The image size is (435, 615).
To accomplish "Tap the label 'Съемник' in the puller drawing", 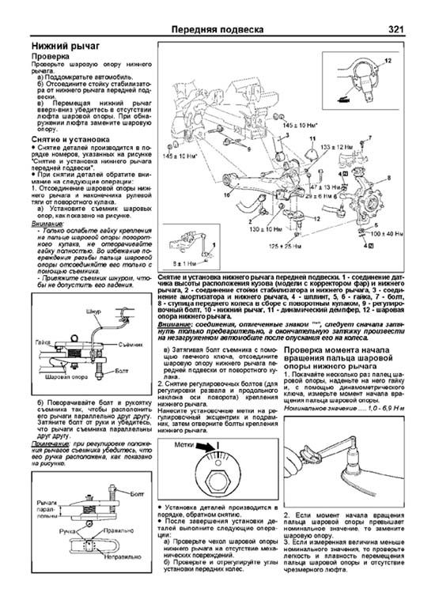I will click(119, 334).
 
